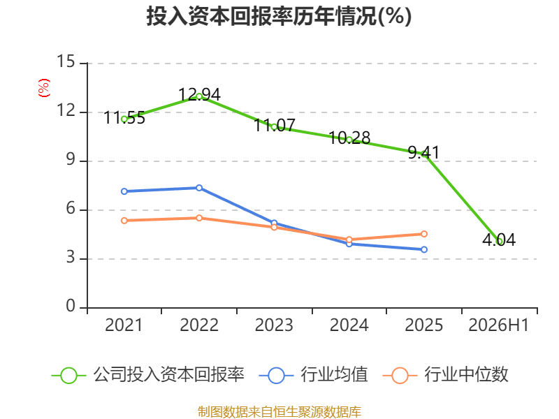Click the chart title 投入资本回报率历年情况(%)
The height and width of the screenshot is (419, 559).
(x=279, y=16)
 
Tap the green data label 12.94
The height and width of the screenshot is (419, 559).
(x=199, y=94)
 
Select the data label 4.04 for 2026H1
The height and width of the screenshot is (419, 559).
(x=499, y=240)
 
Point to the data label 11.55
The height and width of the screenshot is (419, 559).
(x=124, y=117)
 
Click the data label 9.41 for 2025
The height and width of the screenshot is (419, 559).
(x=424, y=152)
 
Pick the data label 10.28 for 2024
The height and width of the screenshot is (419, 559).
(x=349, y=138)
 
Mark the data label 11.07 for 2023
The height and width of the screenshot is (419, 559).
(x=275, y=125)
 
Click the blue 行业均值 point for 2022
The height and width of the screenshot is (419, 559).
(x=199, y=188)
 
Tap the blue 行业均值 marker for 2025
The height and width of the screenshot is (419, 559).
(x=424, y=249)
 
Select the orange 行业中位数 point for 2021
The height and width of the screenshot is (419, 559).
(x=124, y=221)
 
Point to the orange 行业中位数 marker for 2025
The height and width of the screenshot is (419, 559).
(x=424, y=234)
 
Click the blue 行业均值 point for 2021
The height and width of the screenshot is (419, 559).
(x=124, y=191)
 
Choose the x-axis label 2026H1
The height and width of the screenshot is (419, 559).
(x=499, y=325)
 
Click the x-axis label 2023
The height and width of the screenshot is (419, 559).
(x=274, y=325)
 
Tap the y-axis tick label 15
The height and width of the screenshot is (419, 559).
(x=66, y=61)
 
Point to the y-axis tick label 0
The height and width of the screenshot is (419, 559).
(x=71, y=306)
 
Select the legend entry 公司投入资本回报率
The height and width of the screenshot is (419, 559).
(x=148, y=375)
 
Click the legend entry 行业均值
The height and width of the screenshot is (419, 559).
(x=313, y=375)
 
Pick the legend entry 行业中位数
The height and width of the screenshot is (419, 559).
(x=445, y=375)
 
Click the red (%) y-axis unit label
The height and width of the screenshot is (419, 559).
(x=44, y=88)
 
